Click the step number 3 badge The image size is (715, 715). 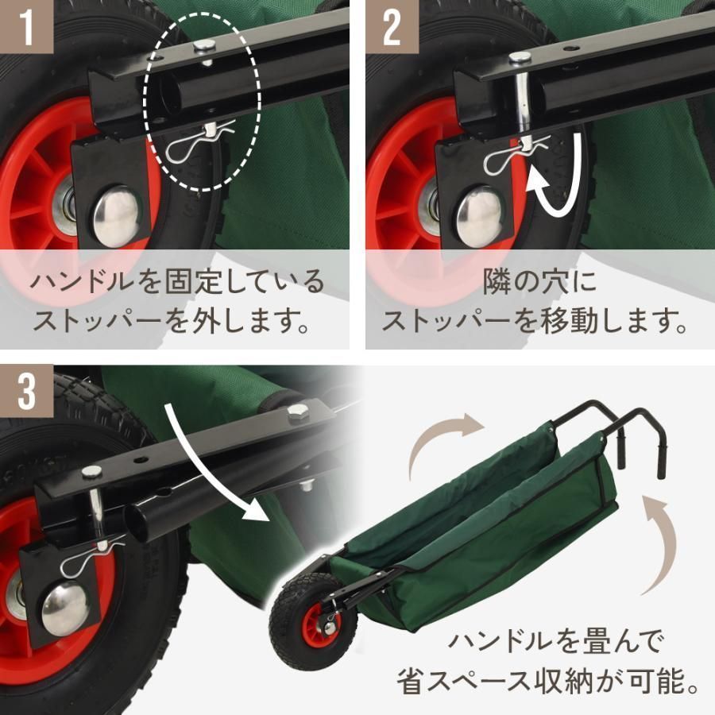click(26, 391)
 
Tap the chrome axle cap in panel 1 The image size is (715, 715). click(118, 214)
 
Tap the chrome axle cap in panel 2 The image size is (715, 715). click(478, 214)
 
